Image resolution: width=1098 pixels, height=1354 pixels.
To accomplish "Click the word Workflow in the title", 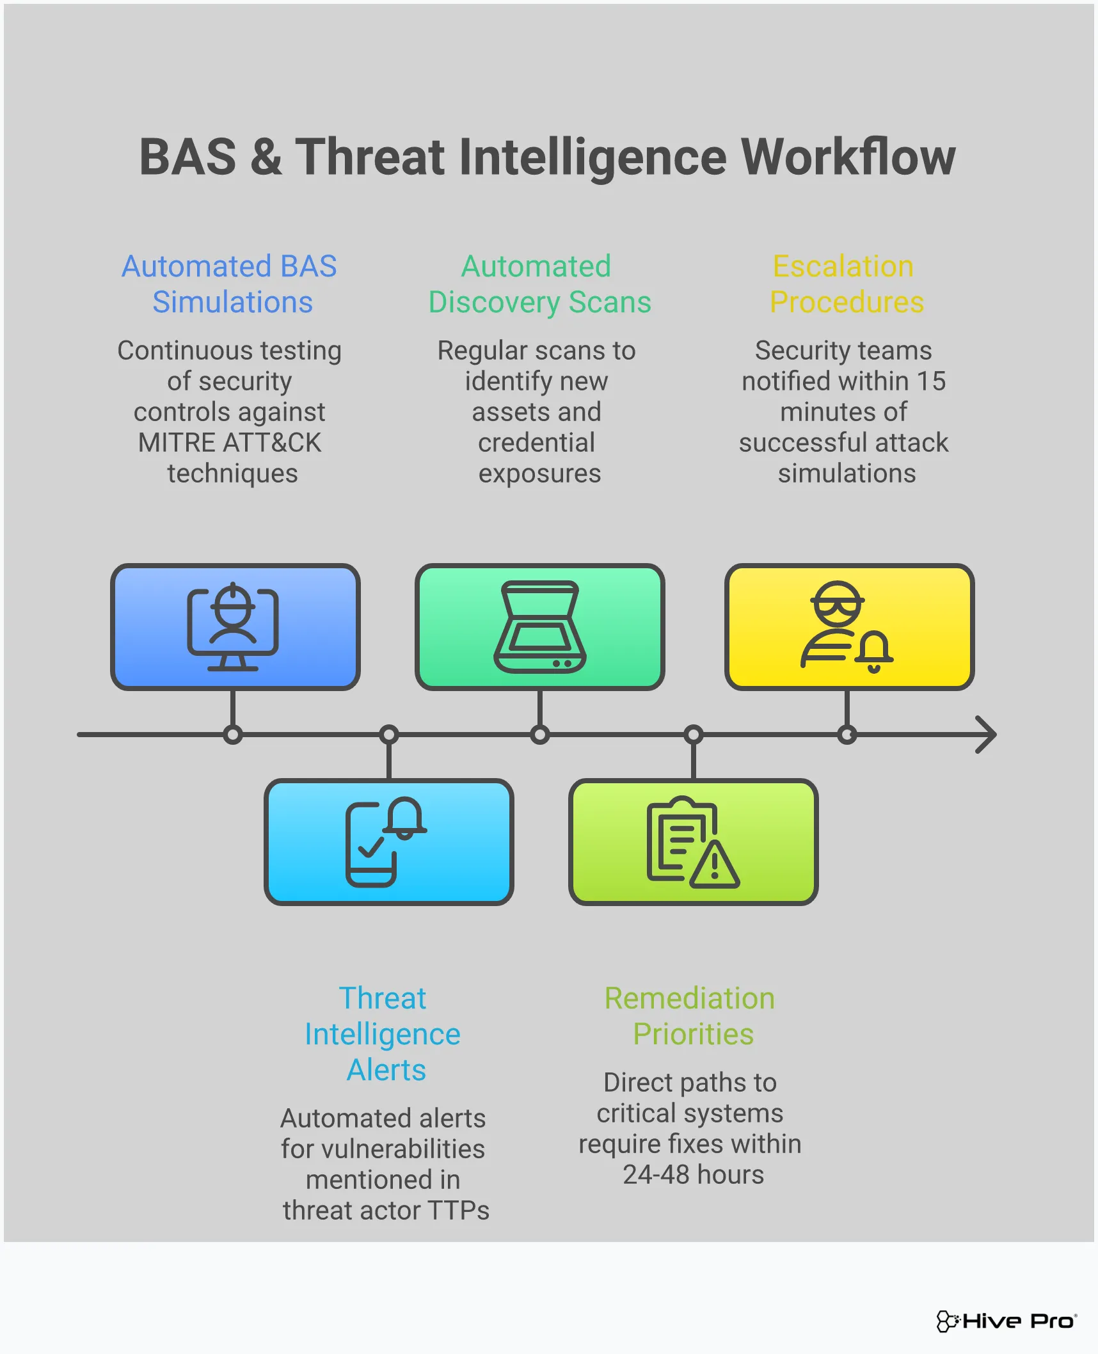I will click(x=847, y=157).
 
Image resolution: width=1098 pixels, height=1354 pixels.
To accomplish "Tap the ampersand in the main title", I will click(x=266, y=157).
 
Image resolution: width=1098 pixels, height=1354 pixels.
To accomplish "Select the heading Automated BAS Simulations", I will click(x=230, y=284).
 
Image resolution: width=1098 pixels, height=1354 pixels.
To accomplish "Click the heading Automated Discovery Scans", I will click(x=539, y=284).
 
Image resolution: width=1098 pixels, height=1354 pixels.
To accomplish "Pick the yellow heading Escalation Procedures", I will click(x=846, y=284).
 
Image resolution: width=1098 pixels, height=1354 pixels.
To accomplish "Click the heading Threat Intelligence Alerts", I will click(x=383, y=1033).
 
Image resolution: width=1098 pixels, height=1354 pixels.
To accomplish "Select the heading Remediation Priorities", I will click(x=691, y=1015).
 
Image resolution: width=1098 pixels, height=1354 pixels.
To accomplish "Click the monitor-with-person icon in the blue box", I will click(x=233, y=627).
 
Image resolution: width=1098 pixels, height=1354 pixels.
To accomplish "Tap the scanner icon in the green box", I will click(x=539, y=627).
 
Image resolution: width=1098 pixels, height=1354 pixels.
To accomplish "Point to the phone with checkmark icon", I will click(x=371, y=845).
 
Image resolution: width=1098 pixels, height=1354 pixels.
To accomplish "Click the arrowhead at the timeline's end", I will click(x=986, y=735).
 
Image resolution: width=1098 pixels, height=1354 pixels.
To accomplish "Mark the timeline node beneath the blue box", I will click(x=233, y=735).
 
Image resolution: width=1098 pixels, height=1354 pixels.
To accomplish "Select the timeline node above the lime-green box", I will click(x=693, y=735).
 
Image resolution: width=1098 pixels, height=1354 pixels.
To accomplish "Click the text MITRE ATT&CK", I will click(x=230, y=443).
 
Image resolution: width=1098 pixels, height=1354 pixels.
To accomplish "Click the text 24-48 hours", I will click(x=693, y=1175).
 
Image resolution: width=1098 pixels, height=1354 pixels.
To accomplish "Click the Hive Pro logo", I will click(x=1007, y=1321).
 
